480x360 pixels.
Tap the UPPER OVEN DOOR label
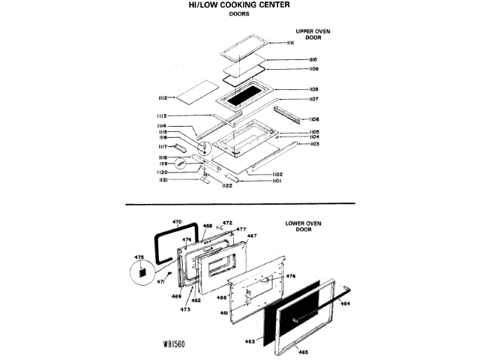click(313, 34)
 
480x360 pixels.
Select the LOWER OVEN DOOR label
click(303, 226)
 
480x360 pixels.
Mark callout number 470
click(178, 222)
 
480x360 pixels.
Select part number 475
click(138, 257)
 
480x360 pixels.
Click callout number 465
click(303, 352)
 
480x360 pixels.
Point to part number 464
click(345, 304)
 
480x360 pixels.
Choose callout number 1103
click(315, 144)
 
